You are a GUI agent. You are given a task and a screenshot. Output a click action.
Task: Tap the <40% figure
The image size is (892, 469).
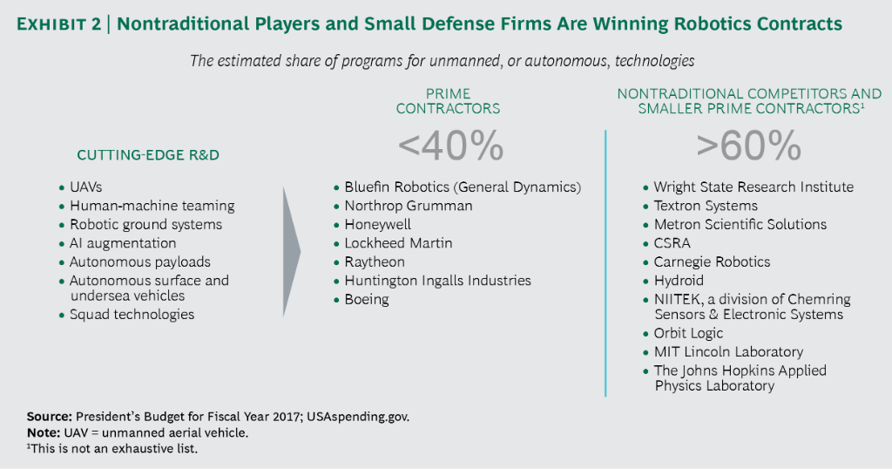[450, 146]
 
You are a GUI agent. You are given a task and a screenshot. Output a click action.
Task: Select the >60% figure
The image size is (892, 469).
[749, 146]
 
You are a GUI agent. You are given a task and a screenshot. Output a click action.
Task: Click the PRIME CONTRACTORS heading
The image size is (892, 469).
[449, 101]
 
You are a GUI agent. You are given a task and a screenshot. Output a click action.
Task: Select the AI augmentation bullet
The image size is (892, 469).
[123, 243]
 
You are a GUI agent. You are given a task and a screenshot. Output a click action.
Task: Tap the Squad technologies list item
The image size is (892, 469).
[132, 315]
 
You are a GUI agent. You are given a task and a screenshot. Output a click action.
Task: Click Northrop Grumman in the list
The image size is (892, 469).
[409, 206]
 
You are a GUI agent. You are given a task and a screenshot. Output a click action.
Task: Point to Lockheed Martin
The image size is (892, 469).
[398, 243]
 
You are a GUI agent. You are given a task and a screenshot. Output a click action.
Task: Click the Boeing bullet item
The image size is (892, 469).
[367, 300]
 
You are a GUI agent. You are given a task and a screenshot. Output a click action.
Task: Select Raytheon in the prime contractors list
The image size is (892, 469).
[375, 262]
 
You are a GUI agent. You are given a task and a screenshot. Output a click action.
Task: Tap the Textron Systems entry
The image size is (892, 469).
[706, 206]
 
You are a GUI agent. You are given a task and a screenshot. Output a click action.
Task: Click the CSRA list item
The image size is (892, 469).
[672, 243]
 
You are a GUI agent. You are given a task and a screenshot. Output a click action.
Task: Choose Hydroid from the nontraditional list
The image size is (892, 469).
[679, 282]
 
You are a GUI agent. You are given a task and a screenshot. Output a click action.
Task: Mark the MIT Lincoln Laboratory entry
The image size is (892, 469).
[728, 352]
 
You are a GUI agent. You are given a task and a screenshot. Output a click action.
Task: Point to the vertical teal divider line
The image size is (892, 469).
[605, 262]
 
